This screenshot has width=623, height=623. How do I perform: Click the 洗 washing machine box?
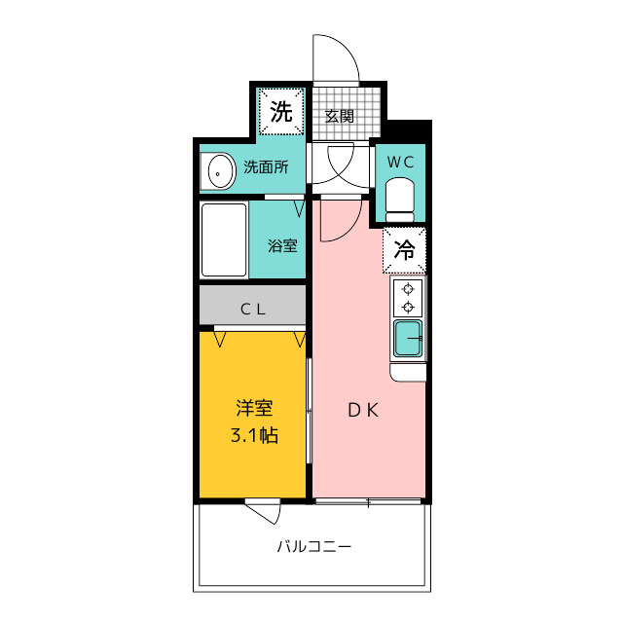(x=281, y=111)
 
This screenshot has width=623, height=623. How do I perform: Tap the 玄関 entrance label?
(x=339, y=117)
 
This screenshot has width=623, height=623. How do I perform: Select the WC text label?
(x=400, y=162)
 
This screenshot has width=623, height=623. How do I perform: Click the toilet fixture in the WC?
(x=400, y=200)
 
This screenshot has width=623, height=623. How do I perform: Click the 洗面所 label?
(x=266, y=166)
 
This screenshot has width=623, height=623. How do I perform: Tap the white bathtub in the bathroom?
(x=224, y=239)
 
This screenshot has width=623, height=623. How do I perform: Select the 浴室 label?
(x=282, y=245)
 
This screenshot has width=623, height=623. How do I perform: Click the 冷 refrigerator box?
(x=404, y=250)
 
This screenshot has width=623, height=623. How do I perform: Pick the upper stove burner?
(x=408, y=289)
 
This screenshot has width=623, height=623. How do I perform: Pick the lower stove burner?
(x=408, y=307)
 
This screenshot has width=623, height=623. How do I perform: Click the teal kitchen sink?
(x=408, y=339)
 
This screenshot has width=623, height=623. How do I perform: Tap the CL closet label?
(x=253, y=310)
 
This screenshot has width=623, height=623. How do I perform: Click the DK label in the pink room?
(x=363, y=410)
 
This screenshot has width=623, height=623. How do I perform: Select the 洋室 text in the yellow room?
(x=254, y=408)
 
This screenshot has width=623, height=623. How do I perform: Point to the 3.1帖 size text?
(x=254, y=435)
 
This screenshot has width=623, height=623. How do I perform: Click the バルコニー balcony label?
(x=313, y=547)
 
